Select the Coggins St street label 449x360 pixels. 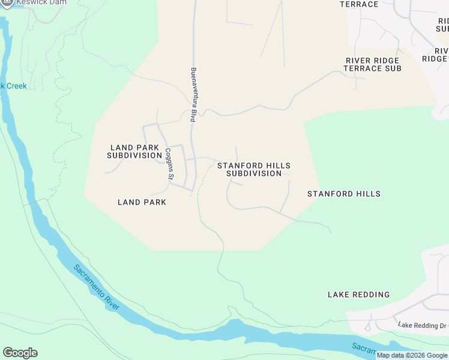(170, 164)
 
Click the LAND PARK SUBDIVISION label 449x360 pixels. (134, 151)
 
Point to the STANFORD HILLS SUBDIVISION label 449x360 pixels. (254, 169)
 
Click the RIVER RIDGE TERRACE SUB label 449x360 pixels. (372, 64)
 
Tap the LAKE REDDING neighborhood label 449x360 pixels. (358, 295)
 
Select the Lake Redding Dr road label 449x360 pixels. (422, 325)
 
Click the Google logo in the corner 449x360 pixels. (20, 353)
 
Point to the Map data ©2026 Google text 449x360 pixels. (412, 355)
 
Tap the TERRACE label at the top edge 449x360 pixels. (359, 4)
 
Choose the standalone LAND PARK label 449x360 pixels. (142, 202)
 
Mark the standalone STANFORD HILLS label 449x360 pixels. (343, 194)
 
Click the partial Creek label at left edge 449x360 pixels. (13, 86)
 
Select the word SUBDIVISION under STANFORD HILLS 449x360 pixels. (254, 173)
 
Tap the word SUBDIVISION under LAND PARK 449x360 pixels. (134, 155)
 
